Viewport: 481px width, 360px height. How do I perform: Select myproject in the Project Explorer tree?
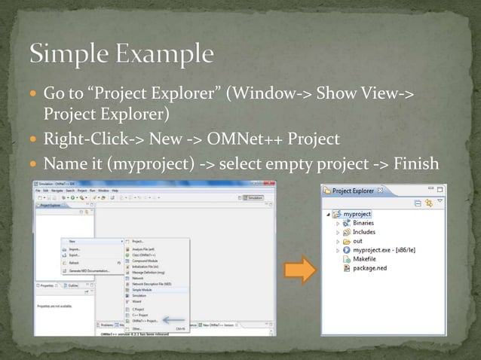[x=357, y=214]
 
